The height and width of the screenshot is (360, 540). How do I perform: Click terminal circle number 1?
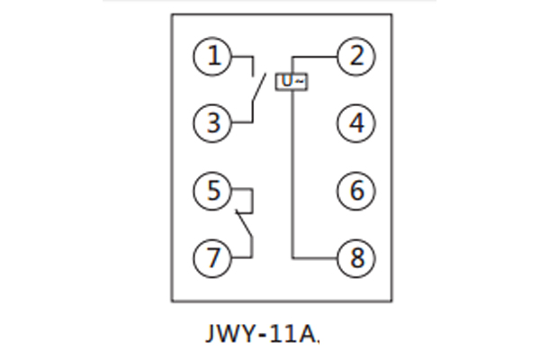pos(213,57)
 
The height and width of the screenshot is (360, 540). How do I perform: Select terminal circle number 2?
pos(356,57)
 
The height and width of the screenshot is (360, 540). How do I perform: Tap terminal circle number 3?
pos(213,123)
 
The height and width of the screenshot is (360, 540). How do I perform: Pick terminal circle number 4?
pos(356,123)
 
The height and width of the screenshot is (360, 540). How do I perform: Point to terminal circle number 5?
pos(213,190)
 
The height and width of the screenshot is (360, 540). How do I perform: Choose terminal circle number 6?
pos(356,190)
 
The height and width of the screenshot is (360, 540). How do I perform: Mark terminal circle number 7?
pos(213,257)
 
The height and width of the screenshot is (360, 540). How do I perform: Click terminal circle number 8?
pos(356,257)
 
